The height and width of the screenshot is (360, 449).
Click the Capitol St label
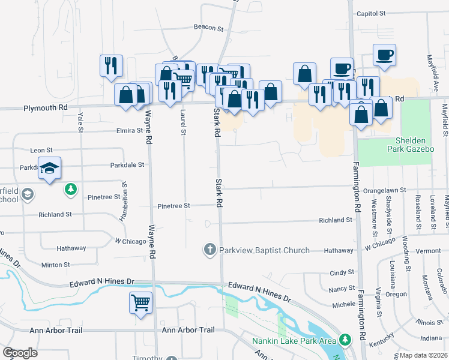coord(370,13)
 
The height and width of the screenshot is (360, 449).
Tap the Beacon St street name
coord(208,27)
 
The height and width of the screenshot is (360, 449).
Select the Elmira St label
coord(124,130)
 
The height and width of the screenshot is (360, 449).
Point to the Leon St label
coord(41,150)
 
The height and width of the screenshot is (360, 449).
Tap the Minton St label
coord(56,264)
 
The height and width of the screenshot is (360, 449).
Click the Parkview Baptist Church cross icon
coord(209,250)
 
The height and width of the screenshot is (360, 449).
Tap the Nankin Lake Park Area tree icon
coord(345,340)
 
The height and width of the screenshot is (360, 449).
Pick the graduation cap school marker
coord(50,168)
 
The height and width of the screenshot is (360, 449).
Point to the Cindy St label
coord(342,272)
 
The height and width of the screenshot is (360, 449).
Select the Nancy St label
coord(342,289)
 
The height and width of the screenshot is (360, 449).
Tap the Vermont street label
coord(428,250)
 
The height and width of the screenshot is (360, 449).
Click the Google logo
coord(20,353)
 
